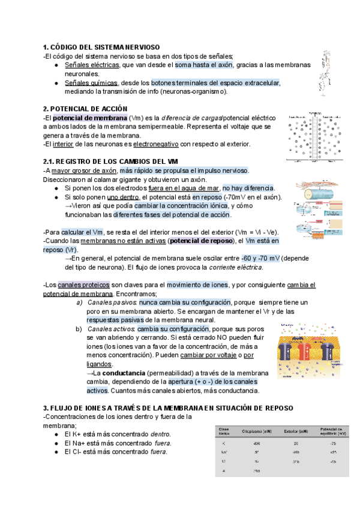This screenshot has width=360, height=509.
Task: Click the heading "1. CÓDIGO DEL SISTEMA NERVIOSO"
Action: point(101,47)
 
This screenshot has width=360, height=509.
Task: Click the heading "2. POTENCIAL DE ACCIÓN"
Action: point(85,109)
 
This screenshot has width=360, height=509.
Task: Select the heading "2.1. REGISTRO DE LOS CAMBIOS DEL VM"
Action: point(111,161)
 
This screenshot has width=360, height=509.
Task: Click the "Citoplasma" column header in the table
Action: point(255,432)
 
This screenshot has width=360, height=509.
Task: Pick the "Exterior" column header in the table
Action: point(295,432)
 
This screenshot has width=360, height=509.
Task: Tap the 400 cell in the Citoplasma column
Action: point(256,443)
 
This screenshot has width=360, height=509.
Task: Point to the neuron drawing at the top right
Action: point(327,72)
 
